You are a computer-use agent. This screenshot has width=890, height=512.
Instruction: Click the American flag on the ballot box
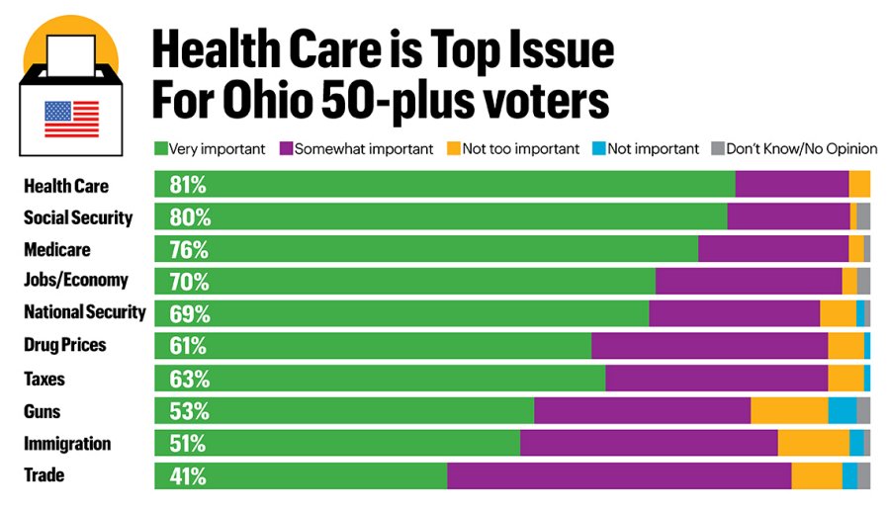71,119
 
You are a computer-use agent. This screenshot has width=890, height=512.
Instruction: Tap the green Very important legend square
160,149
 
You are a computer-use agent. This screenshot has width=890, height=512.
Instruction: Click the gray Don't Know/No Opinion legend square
718,149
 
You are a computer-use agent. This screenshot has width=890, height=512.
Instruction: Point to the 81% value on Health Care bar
187,185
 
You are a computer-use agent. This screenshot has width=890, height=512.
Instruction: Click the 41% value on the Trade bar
187,475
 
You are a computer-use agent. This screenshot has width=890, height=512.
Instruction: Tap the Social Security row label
78,217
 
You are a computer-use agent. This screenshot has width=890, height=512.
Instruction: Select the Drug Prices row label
64,346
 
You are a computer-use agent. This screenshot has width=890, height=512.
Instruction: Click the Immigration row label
67,444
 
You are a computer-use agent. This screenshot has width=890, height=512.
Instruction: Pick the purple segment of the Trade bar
619,475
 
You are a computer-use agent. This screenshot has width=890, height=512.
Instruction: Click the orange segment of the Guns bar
789,411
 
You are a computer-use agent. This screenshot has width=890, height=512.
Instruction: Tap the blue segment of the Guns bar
842,411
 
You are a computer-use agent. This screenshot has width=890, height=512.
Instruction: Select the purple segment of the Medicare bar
773,249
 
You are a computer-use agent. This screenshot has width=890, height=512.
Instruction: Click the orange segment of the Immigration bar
813,444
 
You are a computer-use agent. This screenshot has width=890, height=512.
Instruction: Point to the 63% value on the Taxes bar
188,379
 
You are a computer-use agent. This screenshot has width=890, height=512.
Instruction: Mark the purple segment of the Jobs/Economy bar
749,282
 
